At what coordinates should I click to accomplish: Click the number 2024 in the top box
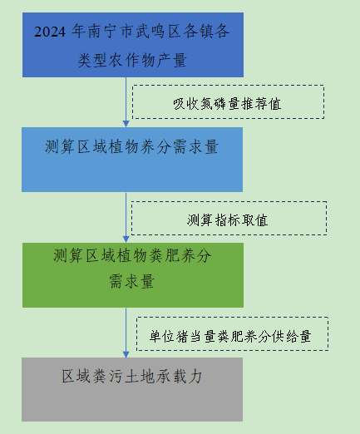[x=50, y=32]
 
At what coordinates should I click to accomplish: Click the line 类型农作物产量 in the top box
[x=132, y=60]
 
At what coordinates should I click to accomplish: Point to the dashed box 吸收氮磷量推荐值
[x=228, y=102]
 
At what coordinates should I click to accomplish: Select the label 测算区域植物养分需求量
[x=132, y=146]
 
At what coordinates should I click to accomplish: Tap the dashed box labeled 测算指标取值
[x=229, y=219]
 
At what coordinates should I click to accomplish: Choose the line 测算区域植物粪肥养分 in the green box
[x=132, y=255]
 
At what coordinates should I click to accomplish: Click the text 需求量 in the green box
[x=132, y=281]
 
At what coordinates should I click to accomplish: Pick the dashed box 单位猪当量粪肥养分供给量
[x=232, y=334]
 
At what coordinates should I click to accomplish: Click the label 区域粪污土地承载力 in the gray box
[x=132, y=377]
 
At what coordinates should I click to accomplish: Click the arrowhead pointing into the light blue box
[x=126, y=124]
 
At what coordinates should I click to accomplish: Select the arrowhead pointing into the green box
[x=126, y=239]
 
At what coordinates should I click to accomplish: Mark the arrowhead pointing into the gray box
[x=126, y=354]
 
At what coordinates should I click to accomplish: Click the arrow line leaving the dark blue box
[x=126, y=102]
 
